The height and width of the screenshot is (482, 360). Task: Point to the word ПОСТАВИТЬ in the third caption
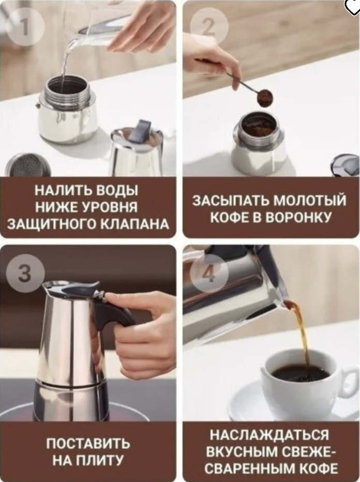(88, 444)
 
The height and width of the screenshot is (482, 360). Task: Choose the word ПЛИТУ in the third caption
(100, 460)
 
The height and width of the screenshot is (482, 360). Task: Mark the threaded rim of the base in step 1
(68, 91)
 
